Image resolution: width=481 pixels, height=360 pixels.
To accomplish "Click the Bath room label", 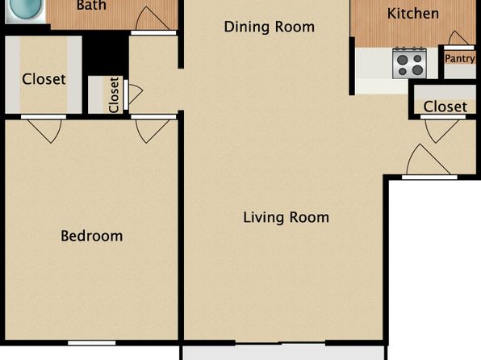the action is click(x=91, y=5).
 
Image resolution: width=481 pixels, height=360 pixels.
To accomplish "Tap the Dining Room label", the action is click(x=270, y=27).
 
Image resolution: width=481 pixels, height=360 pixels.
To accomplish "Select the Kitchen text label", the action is click(x=413, y=14).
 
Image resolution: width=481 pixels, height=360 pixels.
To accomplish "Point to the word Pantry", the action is click(x=460, y=58).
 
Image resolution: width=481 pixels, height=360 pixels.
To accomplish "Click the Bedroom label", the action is click(x=92, y=236).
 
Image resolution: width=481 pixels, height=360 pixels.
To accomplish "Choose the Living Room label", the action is click(x=286, y=217).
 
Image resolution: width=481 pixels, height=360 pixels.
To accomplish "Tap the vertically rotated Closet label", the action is click(x=114, y=94).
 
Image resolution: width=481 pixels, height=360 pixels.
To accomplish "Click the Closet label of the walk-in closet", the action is click(x=44, y=79).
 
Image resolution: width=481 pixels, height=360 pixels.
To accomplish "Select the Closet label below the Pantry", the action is click(x=445, y=107).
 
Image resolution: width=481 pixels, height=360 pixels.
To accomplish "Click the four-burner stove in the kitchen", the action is click(x=409, y=63).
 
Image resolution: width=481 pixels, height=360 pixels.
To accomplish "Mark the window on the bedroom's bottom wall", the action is click(x=92, y=343).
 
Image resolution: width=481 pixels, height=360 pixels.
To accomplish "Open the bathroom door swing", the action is click(x=151, y=19).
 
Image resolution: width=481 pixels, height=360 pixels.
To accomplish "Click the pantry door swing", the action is click(x=458, y=38).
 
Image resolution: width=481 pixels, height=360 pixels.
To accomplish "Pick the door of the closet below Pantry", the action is click(x=441, y=131).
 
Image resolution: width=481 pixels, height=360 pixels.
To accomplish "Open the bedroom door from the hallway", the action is click(x=153, y=131).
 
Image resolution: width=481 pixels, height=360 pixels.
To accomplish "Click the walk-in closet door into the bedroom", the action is click(x=44, y=131).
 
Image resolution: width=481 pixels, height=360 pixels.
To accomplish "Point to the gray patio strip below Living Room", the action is click(x=284, y=353).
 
